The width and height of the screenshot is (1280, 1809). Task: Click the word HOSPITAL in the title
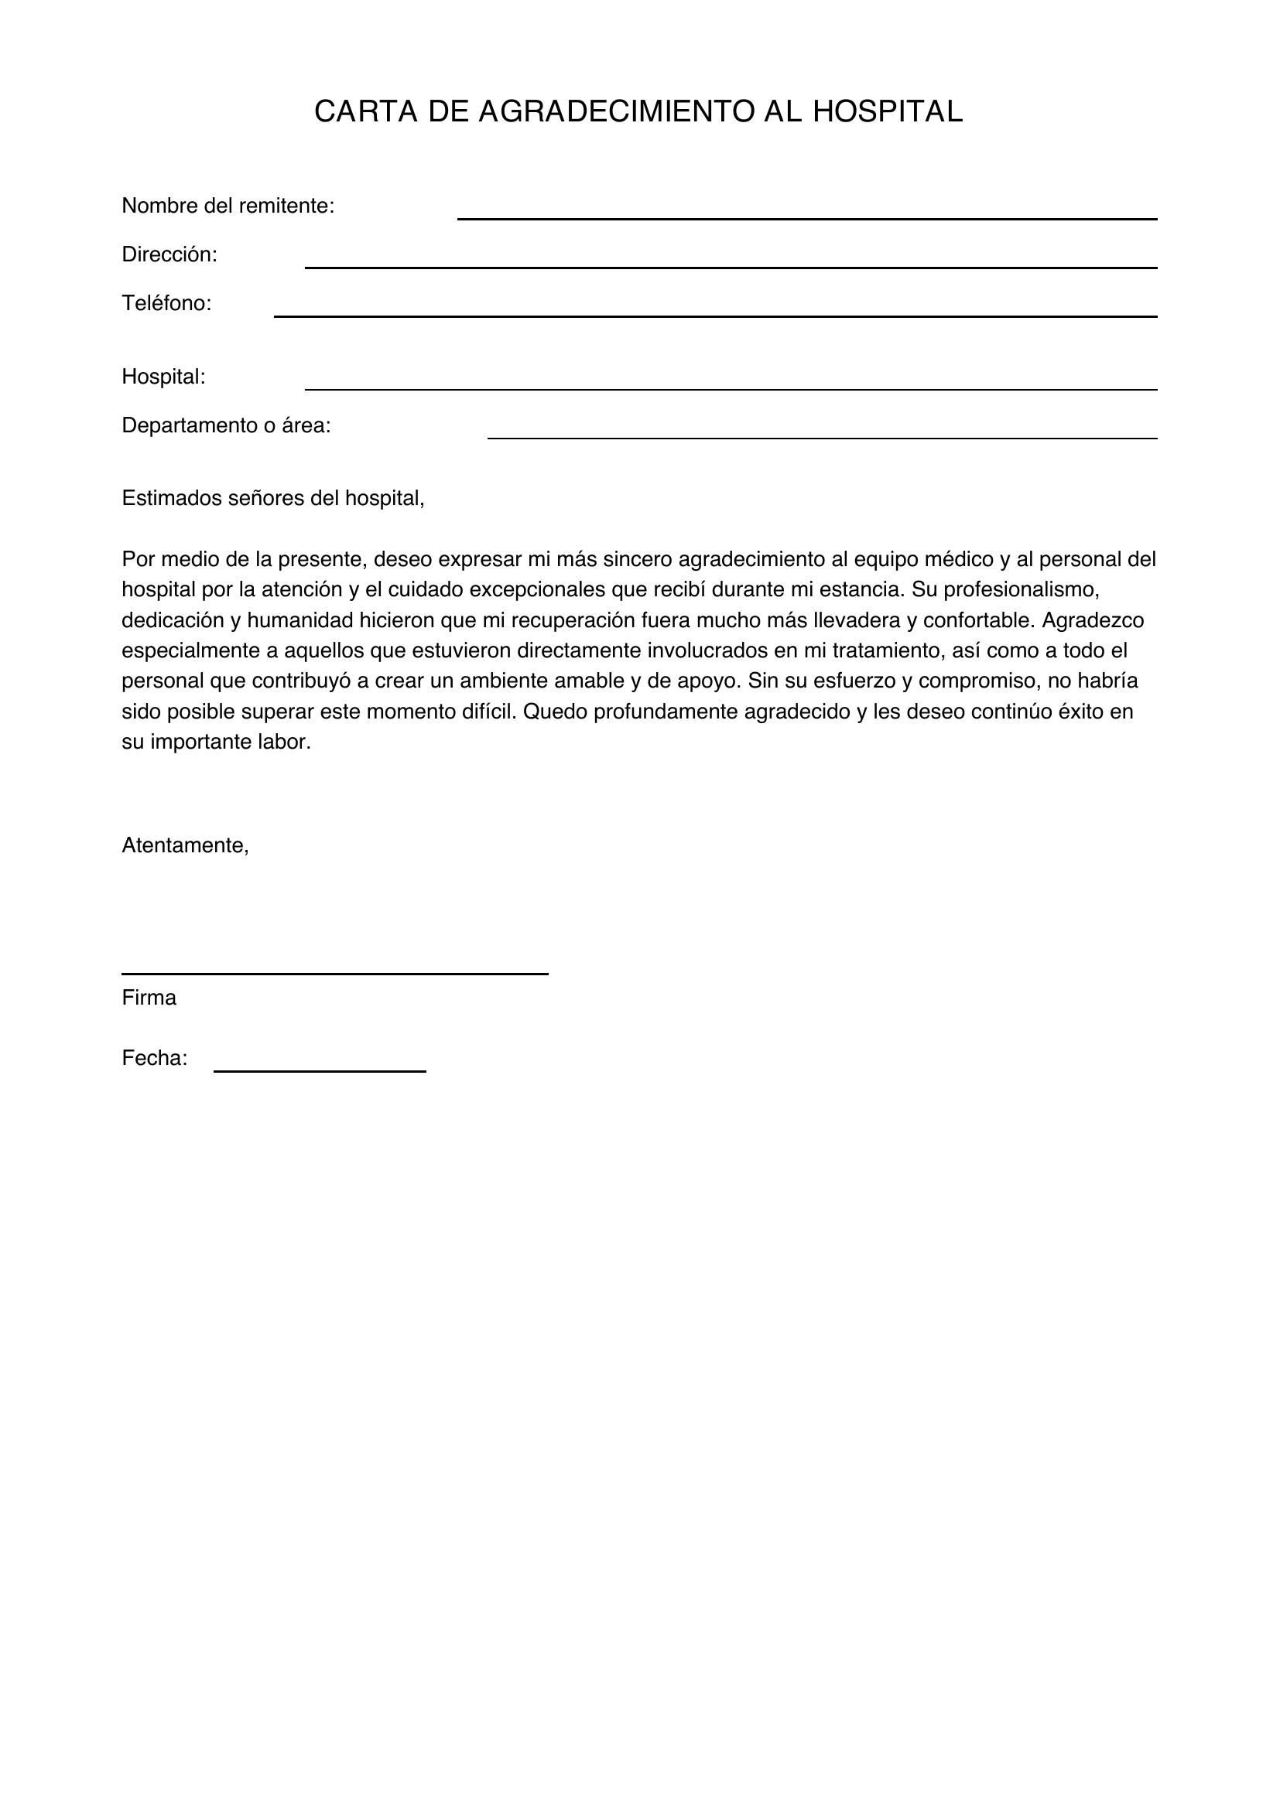pyautogui.click(x=888, y=112)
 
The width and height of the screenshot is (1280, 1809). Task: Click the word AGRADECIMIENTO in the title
pyautogui.click(x=616, y=112)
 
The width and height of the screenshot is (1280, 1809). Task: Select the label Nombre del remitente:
pyautogui.click(x=228, y=206)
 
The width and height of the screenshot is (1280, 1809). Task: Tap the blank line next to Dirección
pyautogui.click(x=731, y=266)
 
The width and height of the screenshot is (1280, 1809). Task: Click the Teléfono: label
pyautogui.click(x=166, y=303)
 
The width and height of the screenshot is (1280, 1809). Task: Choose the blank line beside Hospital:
pyautogui.click(x=731, y=388)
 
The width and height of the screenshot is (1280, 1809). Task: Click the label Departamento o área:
pyautogui.click(x=226, y=425)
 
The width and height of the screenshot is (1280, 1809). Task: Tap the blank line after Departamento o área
pyautogui.click(x=822, y=437)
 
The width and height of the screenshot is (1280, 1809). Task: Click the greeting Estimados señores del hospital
pyautogui.click(x=272, y=499)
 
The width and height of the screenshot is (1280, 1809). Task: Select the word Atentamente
pyautogui.click(x=185, y=845)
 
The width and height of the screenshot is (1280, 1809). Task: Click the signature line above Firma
pyautogui.click(x=334, y=973)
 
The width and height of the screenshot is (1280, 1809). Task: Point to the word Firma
pyautogui.click(x=149, y=998)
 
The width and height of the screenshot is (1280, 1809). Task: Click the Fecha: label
pyautogui.click(x=155, y=1058)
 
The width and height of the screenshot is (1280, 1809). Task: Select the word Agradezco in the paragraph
pyautogui.click(x=1093, y=620)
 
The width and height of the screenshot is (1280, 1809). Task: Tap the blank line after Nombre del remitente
pyautogui.click(x=806, y=217)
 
